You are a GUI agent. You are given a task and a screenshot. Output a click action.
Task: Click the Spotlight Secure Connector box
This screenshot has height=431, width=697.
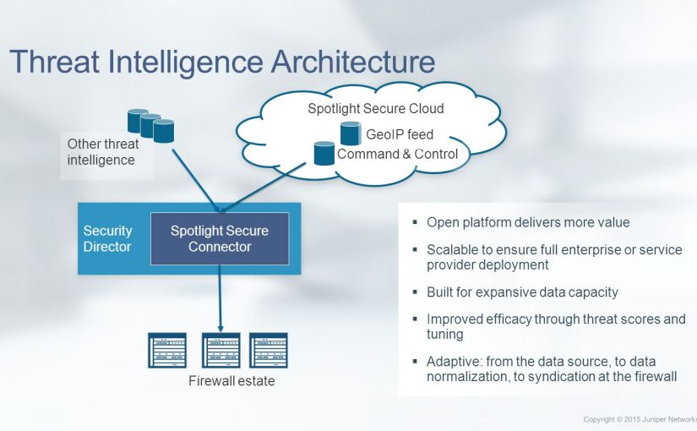point(220,238)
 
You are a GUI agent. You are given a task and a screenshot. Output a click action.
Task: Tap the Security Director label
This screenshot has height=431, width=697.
point(107,239)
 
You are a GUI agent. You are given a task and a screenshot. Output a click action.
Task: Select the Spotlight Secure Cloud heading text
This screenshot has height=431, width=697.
point(376,110)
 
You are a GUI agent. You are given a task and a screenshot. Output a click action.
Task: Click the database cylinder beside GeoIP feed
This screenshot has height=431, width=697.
point(351,133)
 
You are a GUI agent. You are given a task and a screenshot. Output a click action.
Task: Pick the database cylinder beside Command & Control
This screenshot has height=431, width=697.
point(324,153)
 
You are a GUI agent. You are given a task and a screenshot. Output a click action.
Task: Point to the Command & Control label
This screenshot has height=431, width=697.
point(397,155)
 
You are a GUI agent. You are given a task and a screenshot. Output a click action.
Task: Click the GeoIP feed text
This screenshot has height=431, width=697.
point(399,134)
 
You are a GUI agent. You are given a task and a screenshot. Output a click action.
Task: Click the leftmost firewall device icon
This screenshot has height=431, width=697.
point(166,349)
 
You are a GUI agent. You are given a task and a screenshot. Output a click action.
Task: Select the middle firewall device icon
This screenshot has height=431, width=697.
point(221,349)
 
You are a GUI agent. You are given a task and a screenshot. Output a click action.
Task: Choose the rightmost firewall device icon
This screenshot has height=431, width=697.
point(269,349)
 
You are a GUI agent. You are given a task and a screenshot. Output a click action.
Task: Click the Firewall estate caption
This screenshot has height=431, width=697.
point(231,381)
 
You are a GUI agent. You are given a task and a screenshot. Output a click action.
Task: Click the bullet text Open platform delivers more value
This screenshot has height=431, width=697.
point(528,223)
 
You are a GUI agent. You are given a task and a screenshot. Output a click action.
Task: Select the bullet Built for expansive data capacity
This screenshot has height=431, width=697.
point(522,292)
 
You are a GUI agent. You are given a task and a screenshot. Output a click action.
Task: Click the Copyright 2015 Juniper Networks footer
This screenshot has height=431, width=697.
point(640,419)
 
